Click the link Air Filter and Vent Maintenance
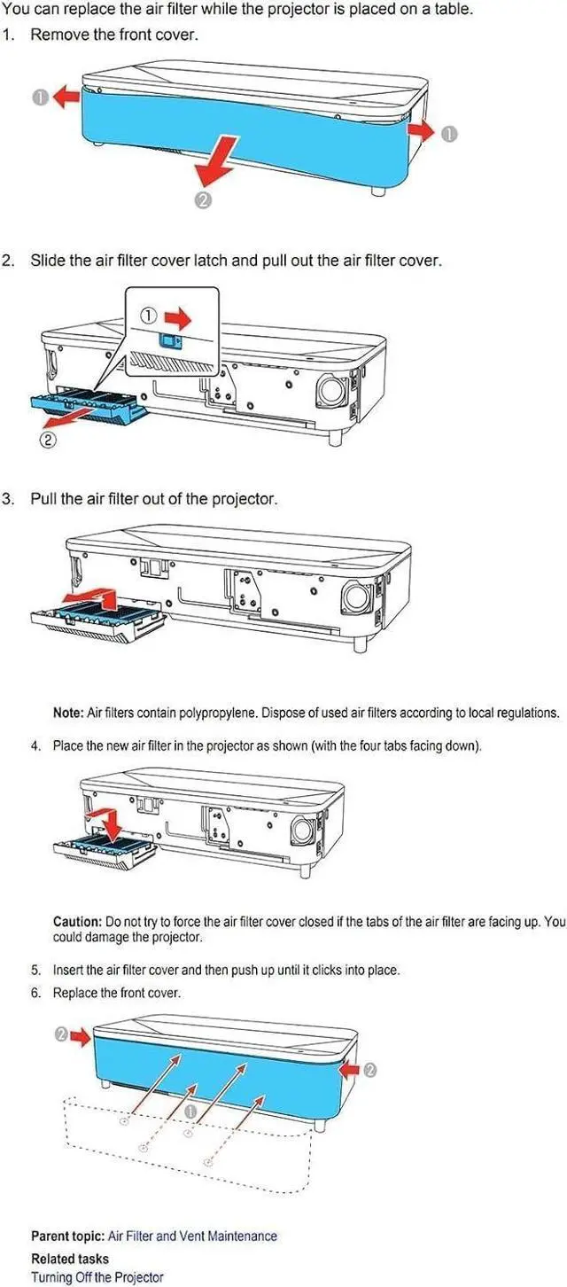pos(192,1236)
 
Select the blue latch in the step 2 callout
pos(170,341)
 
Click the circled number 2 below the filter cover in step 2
pos(48,441)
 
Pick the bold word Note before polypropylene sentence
pos(68,713)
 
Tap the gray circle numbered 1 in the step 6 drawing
pos(191,1111)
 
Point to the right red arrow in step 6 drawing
pos(350,1070)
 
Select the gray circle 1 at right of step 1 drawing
pos(449,134)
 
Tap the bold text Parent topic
pos(68,1236)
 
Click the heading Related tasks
pos(69,1259)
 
